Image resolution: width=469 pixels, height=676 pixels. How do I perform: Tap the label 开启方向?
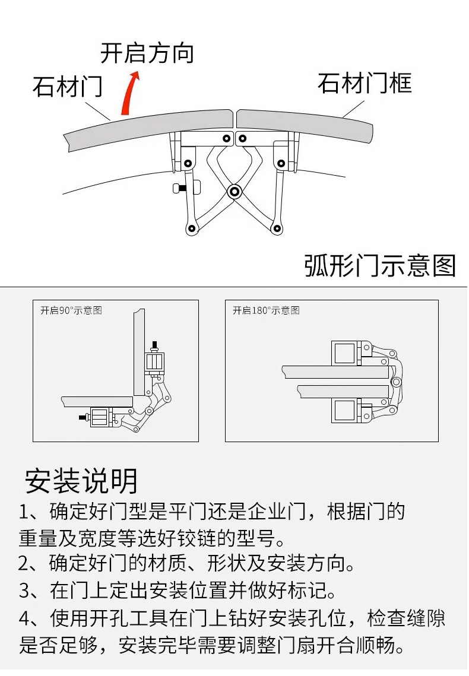pos(147,53)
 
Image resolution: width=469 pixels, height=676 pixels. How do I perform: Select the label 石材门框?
pos(364,84)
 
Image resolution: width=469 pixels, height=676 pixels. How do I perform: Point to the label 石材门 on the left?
pos(67,87)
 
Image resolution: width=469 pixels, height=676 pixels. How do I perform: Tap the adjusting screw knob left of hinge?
pos(178,189)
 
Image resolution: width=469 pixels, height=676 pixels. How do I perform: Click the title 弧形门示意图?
pos(380,265)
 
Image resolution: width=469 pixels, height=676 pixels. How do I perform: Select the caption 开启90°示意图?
pos(71,310)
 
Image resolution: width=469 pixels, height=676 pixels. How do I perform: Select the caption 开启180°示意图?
pos(266,310)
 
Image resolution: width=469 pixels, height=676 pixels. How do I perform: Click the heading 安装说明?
pos(81,481)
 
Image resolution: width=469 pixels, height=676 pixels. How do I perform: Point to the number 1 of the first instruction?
pos(24,512)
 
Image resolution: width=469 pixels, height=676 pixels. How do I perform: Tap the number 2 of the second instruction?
pos(24,563)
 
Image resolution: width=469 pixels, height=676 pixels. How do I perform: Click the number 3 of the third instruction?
pos(24,591)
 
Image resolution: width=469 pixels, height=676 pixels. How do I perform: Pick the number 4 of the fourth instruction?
pos(24,618)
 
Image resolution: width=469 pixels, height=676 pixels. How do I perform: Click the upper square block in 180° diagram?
pos(345,354)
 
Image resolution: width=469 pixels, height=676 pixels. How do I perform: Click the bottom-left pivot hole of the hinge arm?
pos(191,228)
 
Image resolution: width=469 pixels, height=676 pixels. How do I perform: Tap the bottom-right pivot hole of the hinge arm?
pos(277,228)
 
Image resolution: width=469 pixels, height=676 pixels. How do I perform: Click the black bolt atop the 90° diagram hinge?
pos(156,345)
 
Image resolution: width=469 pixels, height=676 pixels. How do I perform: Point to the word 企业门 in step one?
pos(283,512)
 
